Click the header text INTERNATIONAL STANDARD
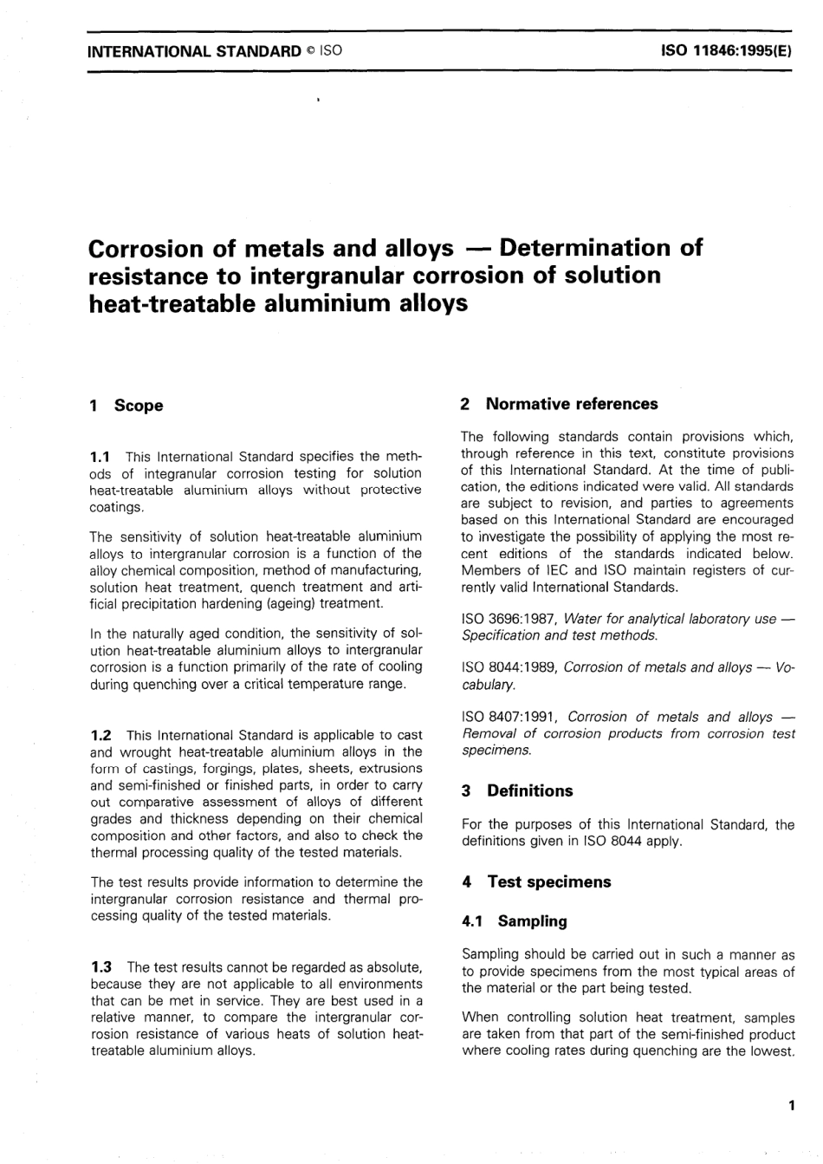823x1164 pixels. (195, 50)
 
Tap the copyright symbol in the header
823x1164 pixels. (309, 50)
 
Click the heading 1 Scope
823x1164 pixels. (126, 406)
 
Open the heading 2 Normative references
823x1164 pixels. (560, 404)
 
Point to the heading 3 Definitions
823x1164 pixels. (517, 790)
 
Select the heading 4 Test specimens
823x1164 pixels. (536, 881)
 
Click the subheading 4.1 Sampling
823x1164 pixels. (515, 921)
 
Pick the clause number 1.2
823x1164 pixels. (101, 735)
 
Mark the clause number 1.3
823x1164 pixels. (101, 966)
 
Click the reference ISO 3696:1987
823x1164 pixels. (509, 619)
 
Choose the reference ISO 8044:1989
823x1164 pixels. (509, 667)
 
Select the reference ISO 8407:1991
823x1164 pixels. (511, 717)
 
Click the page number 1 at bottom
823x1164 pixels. (791, 1105)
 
